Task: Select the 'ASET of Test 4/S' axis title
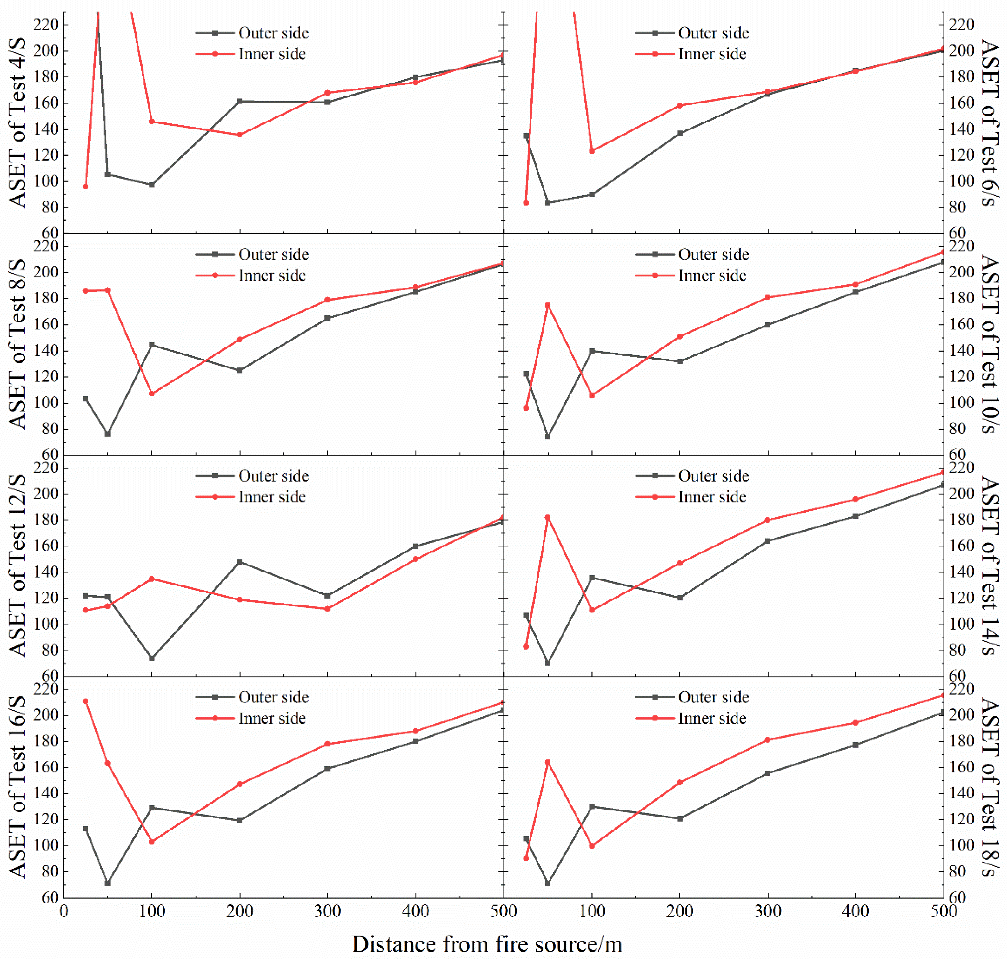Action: [x=17, y=123]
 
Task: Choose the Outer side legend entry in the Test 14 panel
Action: [x=692, y=476]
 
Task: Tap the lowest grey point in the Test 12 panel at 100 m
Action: [x=152, y=658]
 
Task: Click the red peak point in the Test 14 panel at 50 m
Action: [x=548, y=517]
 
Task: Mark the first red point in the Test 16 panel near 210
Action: [x=85, y=701]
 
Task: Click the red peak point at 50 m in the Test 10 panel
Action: [x=548, y=305]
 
